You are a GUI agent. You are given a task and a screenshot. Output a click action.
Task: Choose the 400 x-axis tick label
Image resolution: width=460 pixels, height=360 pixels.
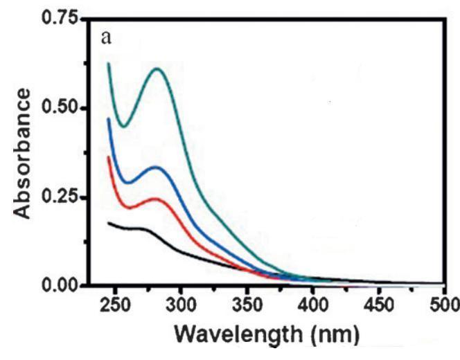(x=312, y=305)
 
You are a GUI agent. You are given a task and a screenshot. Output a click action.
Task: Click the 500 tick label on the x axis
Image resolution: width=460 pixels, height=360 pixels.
(x=441, y=305)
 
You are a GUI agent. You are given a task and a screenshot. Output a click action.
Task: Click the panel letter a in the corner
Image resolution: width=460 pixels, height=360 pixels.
(x=105, y=37)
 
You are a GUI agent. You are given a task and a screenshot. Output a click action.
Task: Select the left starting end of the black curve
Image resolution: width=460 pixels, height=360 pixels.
(x=108, y=223)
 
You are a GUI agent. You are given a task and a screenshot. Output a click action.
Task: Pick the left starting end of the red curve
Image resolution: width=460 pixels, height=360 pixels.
(x=108, y=156)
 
